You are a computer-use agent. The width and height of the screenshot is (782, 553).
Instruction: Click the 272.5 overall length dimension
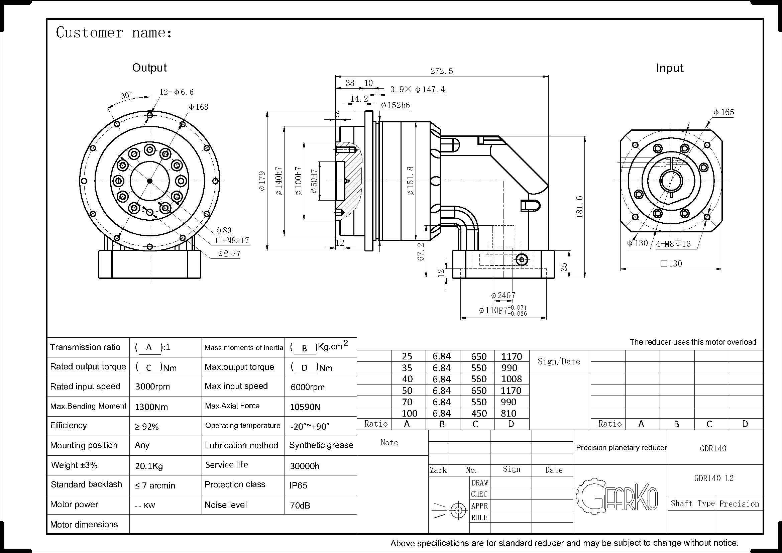click(x=441, y=71)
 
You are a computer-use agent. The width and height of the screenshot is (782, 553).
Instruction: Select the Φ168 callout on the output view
click(x=199, y=107)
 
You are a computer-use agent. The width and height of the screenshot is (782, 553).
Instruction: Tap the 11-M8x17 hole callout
click(x=232, y=240)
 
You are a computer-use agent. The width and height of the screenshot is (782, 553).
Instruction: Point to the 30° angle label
click(x=126, y=95)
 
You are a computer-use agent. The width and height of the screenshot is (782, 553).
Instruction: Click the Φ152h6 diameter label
click(x=396, y=105)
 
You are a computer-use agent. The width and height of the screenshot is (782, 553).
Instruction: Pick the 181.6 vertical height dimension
click(x=579, y=207)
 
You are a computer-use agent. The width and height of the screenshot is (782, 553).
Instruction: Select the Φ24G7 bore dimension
click(x=503, y=295)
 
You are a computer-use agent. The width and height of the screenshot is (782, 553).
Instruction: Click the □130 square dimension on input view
click(x=671, y=263)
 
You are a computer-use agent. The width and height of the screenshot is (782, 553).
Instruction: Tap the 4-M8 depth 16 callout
click(x=673, y=244)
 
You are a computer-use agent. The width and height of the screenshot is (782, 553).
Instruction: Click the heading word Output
click(x=149, y=68)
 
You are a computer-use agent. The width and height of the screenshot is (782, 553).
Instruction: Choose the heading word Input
click(x=669, y=68)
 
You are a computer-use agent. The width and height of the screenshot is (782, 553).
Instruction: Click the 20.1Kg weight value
click(x=149, y=466)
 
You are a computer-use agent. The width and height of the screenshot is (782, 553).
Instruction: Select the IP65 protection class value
click(x=298, y=485)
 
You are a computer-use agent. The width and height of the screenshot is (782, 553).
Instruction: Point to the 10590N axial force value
click(x=305, y=407)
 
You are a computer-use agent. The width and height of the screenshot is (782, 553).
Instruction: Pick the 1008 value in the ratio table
click(x=512, y=379)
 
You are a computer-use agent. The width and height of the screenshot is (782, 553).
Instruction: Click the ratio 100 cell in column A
click(x=409, y=413)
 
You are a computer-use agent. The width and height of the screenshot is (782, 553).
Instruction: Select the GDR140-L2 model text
click(x=713, y=478)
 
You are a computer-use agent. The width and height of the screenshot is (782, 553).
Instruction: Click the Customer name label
click(x=114, y=33)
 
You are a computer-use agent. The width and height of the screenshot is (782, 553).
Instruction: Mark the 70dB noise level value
click(x=300, y=505)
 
